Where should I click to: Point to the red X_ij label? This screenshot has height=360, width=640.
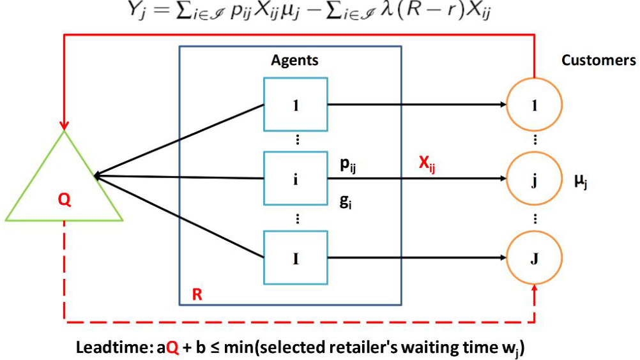[427, 165]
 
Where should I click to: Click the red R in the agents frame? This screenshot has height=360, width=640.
[197, 294]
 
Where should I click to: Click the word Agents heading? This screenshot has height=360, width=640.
[294, 61]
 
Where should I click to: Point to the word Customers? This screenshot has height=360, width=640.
[598, 60]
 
